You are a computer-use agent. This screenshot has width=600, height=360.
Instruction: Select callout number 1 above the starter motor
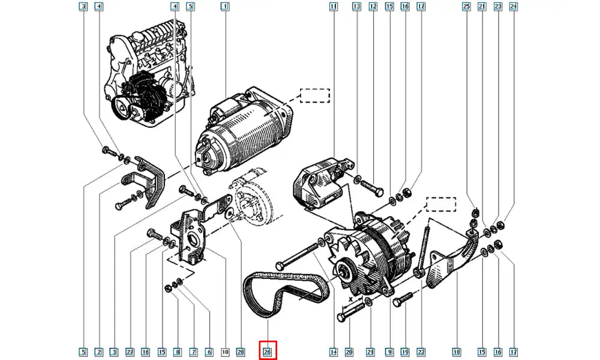224,7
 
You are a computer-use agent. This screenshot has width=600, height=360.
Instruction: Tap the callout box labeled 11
333,7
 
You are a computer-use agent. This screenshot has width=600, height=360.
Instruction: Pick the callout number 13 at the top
356,7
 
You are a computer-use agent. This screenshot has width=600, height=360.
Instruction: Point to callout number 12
373,7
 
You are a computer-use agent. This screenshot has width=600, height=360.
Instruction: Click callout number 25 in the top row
466,7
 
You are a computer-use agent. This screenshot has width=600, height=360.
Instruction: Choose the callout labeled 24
513,7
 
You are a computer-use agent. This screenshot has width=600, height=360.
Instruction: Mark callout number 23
497,7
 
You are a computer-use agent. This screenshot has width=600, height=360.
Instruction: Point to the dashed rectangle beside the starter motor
314,96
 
